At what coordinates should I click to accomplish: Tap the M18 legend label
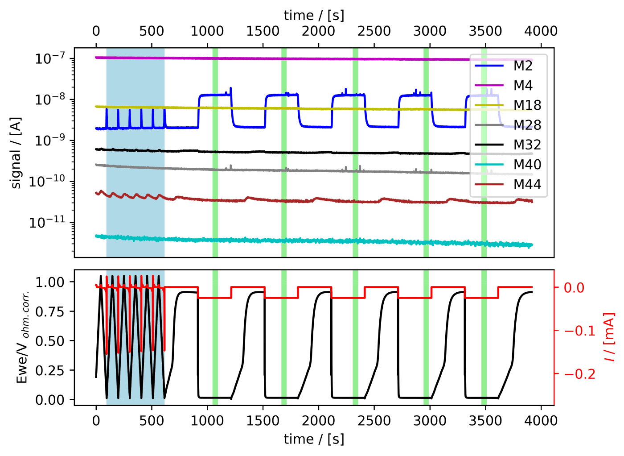tap(527, 105)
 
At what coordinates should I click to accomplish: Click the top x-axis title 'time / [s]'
tap(314, 15)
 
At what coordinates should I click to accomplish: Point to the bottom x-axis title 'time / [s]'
tap(314, 439)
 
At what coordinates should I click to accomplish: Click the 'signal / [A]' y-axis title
tap(16, 153)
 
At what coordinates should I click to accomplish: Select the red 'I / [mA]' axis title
tap(609, 337)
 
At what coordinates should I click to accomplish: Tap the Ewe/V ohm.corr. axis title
tap(22, 337)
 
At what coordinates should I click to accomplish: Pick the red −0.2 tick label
tap(579, 373)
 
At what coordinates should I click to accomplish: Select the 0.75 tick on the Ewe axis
tap(50, 311)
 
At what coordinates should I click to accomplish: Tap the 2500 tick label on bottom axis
tap(374, 421)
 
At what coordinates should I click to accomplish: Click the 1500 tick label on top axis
tap(263, 31)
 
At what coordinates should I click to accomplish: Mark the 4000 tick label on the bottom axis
tap(541, 421)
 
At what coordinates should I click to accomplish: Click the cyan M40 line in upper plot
tap(312, 241)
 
